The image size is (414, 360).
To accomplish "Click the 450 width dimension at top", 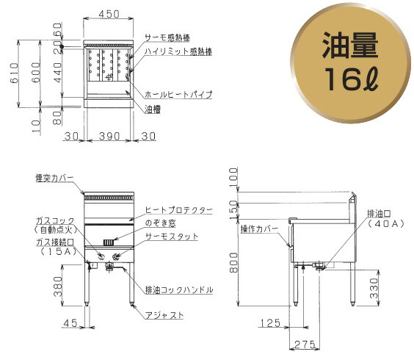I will click(109, 14).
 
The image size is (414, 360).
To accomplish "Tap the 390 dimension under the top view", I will click(108, 137).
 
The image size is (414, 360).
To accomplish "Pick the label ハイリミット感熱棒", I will click(178, 51).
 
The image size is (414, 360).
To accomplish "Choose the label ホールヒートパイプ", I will click(178, 95).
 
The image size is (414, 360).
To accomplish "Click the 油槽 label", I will click(153, 109).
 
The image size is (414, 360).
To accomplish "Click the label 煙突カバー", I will click(54, 177).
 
